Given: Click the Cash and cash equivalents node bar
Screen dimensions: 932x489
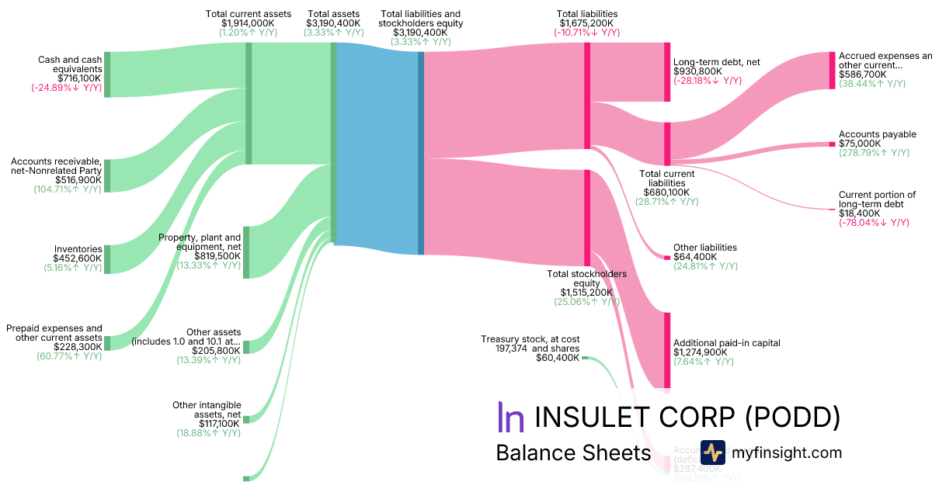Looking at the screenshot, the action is (x=107, y=75).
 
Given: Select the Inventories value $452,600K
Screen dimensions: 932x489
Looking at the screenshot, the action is (x=77, y=258).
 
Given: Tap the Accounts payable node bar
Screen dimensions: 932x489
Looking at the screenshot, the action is (x=832, y=144).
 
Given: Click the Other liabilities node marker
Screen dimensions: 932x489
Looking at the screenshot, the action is (x=666, y=257).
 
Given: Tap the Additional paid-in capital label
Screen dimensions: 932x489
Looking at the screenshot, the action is (x=726, y=343).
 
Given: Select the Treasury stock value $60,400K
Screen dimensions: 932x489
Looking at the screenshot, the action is (x=557, y=359).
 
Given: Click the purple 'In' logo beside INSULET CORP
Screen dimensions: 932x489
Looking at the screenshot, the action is (x=510, y=417).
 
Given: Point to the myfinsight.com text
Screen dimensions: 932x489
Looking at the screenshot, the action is (x=787, y=453).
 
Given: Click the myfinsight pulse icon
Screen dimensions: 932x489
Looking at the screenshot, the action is (x=712, y=453).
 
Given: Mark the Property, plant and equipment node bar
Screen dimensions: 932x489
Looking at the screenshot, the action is (x=246, y=252).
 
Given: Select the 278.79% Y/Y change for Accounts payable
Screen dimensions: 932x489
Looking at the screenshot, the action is (x=874, y=153).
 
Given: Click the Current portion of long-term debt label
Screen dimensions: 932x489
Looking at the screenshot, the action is (x=877, y=199).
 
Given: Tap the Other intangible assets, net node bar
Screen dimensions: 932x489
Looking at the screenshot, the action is (x=246, y=420).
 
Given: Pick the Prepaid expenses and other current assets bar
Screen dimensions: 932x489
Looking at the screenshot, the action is (x=107, y=343).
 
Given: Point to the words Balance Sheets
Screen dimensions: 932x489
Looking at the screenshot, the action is (x=572, y=453).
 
